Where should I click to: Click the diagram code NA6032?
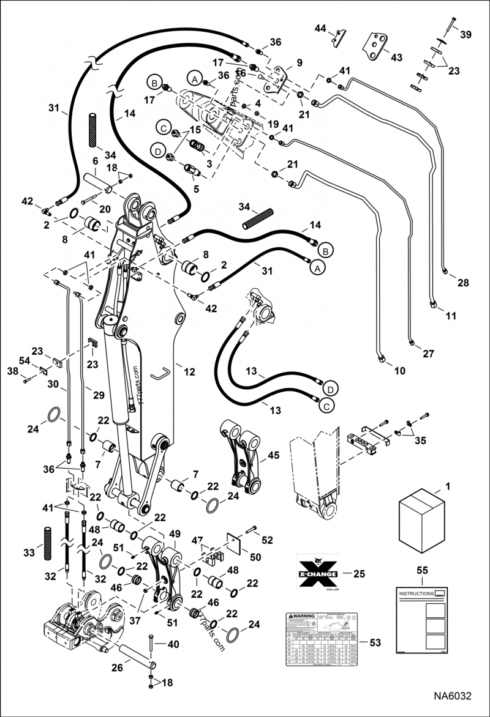pos(454,696)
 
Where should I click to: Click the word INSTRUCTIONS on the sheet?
pos(415,594)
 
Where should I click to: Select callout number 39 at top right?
pos(466,35)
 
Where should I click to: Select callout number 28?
pos(462,283)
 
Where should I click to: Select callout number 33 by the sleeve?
pos(28,553)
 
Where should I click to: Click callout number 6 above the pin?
pos(96,160)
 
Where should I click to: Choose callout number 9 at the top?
pos(299,62)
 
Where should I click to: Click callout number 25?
pos(359,574)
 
